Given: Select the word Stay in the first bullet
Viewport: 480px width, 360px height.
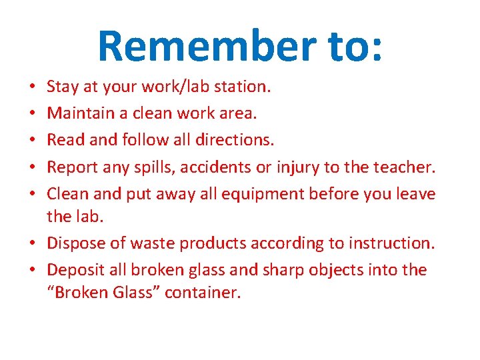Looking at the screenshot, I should tap(63, 86).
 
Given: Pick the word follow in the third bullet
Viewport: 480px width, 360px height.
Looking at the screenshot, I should tap(145, 140).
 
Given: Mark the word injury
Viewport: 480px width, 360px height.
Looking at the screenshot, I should tap(297, 167).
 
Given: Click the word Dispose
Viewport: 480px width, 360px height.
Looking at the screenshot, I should tap(75, 244).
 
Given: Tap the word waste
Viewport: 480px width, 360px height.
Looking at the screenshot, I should tap(139, 244).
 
